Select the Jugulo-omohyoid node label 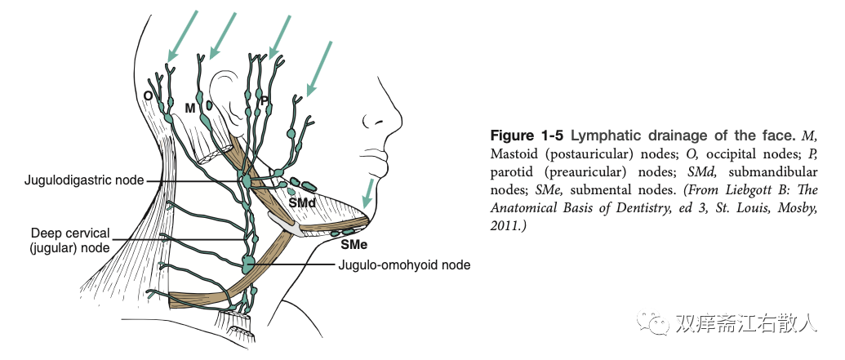[x=405, y=264]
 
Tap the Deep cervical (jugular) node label [x=70, y=239]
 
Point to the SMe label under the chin [x=354, y=244]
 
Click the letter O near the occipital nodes [x=148, y=96]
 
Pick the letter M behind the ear [x=190, y=108]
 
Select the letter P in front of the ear [x=265, y=100]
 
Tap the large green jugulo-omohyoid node [x=248, y=264]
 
